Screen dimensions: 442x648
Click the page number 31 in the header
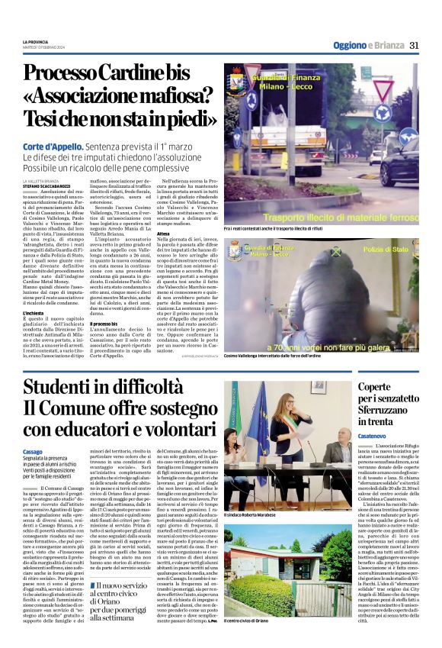415,45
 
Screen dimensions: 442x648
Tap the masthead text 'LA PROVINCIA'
35,41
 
